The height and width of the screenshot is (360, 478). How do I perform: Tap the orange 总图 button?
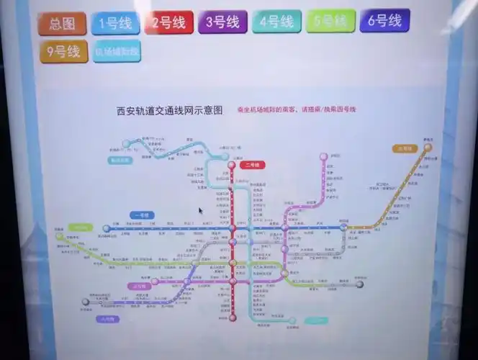click(63, 24)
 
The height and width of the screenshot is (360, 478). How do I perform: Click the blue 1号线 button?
click(115, 24)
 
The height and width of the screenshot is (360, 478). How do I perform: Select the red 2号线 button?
click(168, 23)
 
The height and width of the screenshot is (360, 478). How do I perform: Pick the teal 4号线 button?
click(276, 21)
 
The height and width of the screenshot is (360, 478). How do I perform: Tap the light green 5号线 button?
click(330, 21)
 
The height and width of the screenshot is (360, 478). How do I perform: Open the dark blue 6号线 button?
click(384, 20)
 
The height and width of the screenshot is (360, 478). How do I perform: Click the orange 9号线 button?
click(63, 53)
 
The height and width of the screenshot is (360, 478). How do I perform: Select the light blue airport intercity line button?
click(117, 52)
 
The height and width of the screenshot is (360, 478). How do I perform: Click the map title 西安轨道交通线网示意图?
click(169, 112)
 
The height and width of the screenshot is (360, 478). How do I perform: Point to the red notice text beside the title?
click(297, 109)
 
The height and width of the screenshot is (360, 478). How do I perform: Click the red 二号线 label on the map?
click(253, 165)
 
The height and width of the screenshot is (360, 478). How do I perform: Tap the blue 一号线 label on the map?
click(140, 215)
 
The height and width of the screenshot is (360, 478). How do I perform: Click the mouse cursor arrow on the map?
click(201, 211)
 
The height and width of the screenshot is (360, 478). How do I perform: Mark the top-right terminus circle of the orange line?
click(428, 147)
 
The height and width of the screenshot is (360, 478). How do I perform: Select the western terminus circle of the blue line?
click(107, 228)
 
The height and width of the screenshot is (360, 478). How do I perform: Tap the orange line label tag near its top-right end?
click(405, 148)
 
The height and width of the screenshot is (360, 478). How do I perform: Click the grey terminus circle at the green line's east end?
click(359, 284)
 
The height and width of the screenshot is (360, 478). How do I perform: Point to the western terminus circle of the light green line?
click(60, 235)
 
